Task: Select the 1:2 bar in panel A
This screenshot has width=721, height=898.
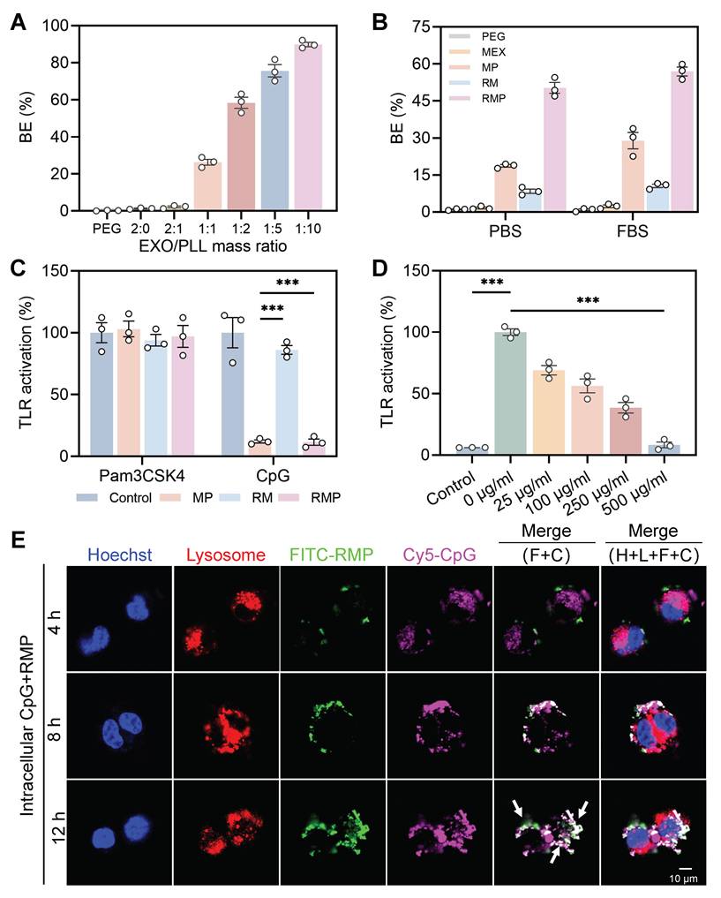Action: click(241, 157)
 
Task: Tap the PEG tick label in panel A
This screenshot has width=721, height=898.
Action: click(107, 229)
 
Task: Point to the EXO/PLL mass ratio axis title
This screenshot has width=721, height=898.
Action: click(213, 246)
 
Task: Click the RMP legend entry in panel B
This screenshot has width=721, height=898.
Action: click(481, 99)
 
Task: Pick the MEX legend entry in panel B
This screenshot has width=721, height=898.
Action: click(481, 52)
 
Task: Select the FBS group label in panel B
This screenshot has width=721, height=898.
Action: click(632, 231)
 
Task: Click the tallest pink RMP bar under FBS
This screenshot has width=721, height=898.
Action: click(682, 141)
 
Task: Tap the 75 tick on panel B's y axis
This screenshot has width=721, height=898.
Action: click(425, 26)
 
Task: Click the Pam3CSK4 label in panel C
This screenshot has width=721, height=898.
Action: click(142, 476)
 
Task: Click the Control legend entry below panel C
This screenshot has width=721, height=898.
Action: click(114, 498)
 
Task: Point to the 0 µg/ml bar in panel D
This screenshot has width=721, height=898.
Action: click(510, 394)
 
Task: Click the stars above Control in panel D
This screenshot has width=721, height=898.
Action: click(492, 283)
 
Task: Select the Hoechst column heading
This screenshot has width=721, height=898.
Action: click(120, 555)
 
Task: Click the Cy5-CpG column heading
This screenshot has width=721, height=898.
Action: click(439, 555)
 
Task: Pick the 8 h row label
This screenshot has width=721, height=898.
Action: click(55, 727)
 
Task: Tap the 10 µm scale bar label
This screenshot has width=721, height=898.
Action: click(685, 879)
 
